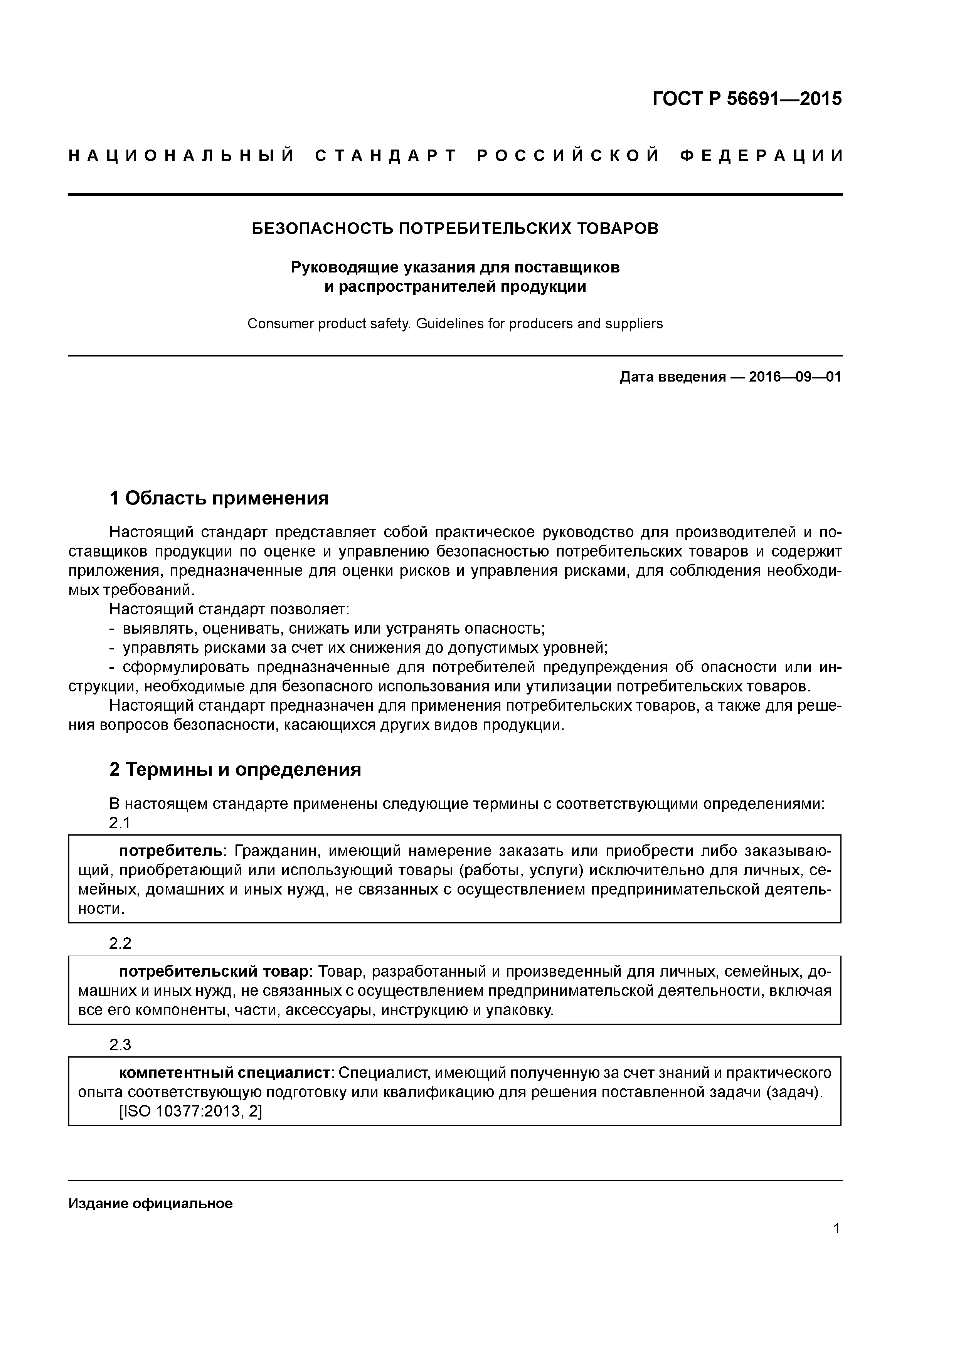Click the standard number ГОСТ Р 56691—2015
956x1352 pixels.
[747, 99]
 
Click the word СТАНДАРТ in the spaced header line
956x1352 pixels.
[386, 156]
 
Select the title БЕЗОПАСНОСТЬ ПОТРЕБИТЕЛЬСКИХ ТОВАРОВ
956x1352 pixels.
[455, 229]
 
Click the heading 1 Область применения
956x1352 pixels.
[219, 499]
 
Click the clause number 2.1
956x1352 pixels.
[119, 822]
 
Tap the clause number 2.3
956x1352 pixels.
[119, 1044]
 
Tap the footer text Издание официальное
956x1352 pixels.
[150, 1204]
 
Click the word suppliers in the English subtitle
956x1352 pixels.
[637, 324]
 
